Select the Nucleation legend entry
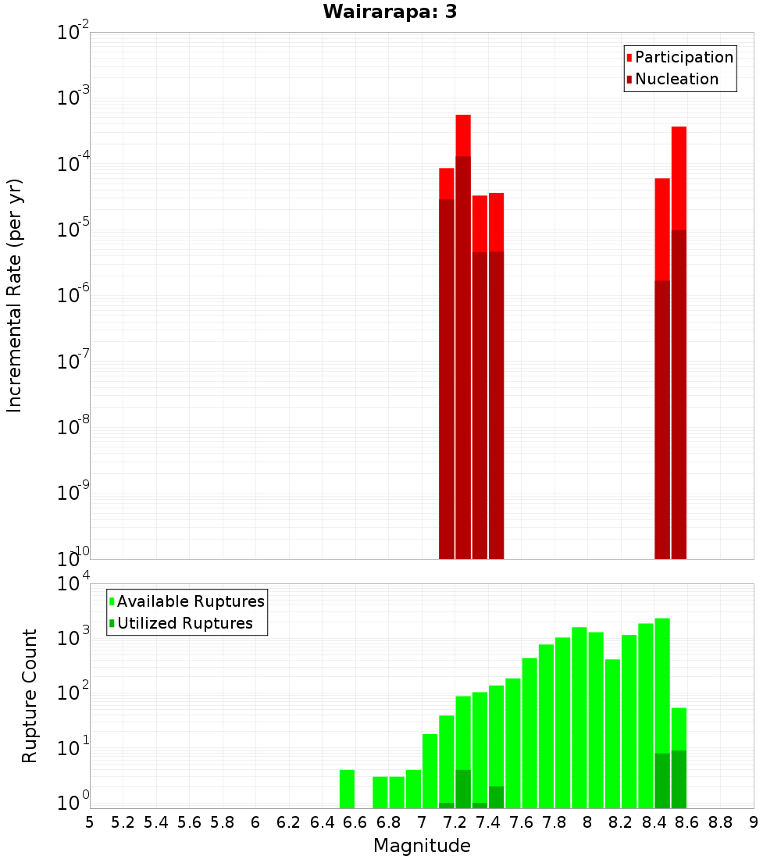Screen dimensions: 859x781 (676, 79)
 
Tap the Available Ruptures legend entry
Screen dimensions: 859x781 (190, 601)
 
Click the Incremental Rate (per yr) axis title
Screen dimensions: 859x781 (15, 296)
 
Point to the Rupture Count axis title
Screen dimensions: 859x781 (30, 695)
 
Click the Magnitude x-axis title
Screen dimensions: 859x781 (422, 845)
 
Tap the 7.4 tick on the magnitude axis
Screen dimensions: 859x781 (488, 822)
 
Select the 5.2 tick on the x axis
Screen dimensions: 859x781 (123, 822)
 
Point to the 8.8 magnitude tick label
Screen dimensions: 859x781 (720, 822)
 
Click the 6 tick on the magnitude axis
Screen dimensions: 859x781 (255, 822)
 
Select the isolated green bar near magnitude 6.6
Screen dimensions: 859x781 (347, 789)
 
